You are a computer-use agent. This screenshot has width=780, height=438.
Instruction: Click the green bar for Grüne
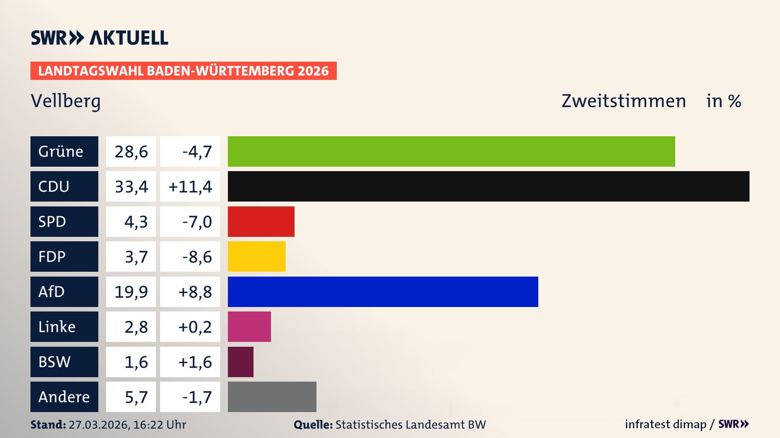(451, 151)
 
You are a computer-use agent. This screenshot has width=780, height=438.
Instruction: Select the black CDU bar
(488, 186)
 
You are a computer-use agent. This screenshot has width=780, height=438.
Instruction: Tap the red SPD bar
(261, 221)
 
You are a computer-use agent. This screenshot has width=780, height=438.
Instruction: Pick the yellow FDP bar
(256, 256)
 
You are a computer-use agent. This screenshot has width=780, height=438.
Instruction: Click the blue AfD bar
(383, 292)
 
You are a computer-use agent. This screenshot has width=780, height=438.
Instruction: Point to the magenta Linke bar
(249, 326)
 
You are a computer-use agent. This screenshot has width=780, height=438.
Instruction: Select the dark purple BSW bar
(240, 362)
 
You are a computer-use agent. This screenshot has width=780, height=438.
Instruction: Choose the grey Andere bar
(272, 397)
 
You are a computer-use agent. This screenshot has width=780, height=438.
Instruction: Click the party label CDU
(54, 187)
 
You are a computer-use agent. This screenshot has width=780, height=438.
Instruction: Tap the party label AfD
(52, 292)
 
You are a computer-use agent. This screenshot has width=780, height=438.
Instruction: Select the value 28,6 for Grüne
(131, 152)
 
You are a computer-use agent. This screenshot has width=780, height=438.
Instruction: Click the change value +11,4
(190, 187)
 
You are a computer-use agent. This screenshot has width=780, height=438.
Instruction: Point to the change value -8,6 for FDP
(197, 257)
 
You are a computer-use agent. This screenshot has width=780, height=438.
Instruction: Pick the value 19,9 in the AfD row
(131, 292)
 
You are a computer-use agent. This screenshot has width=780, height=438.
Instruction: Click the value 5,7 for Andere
(136, 397)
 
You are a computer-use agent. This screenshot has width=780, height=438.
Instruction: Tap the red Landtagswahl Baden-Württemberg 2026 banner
(183, 71)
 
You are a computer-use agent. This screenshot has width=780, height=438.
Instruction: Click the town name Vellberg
(65, 101)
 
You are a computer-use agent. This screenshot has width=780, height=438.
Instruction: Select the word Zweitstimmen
(624, 101)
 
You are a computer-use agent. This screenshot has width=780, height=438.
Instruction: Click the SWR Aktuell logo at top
(100, 38)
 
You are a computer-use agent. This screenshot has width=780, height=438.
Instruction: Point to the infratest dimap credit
(665, 424)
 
